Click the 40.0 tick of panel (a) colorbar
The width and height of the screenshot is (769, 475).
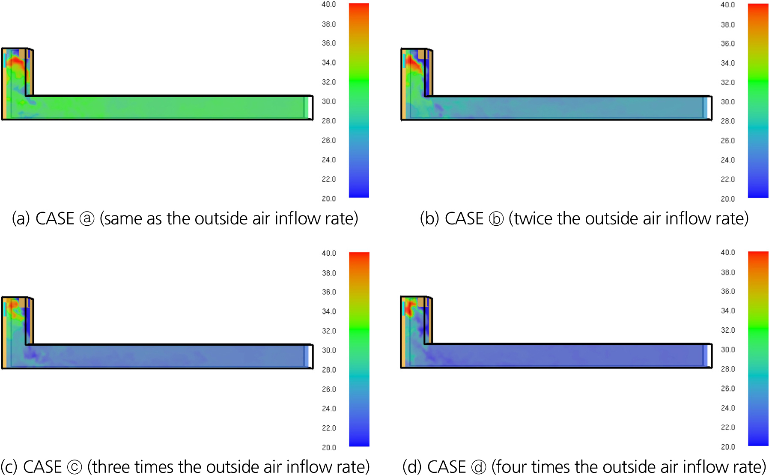(x=329, y=5)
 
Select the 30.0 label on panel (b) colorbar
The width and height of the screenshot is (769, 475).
(x=727, y=102)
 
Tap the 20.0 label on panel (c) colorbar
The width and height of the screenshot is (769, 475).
(x=329, y=448)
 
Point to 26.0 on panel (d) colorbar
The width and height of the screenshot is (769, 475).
(x=727, y=388)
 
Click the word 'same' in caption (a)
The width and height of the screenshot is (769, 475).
(x=123, y=219)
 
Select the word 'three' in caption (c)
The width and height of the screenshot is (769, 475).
(x=111, y=467)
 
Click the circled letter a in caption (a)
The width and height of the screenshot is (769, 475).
(x=87, y=219)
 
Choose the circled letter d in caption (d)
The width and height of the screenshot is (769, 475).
(x=479, y=467)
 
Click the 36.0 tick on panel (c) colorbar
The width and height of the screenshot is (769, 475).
(x=329, y=292)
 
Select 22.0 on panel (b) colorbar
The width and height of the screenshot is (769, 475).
(x=727, y=179)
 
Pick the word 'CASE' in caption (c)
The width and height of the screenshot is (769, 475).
(x=42, y=467)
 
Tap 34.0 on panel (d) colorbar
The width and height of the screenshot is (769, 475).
(x=727, y=311)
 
